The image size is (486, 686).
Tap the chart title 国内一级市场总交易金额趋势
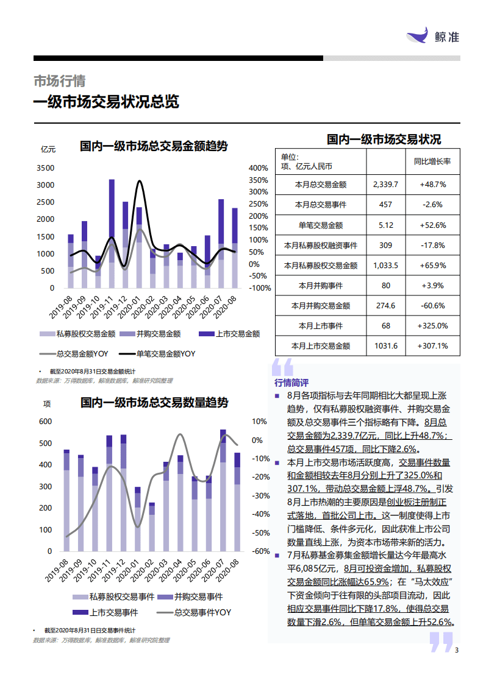(x=154, y=146)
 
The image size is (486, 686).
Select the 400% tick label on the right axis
(x=259, y=168)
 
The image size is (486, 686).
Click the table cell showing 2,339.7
(x=385, y=183)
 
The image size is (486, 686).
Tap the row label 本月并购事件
(x=320, y=285)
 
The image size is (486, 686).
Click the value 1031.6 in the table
(x=385, y=345)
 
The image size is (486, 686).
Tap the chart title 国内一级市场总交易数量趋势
(x=155, y=403)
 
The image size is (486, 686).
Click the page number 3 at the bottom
(x=457, y=649)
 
